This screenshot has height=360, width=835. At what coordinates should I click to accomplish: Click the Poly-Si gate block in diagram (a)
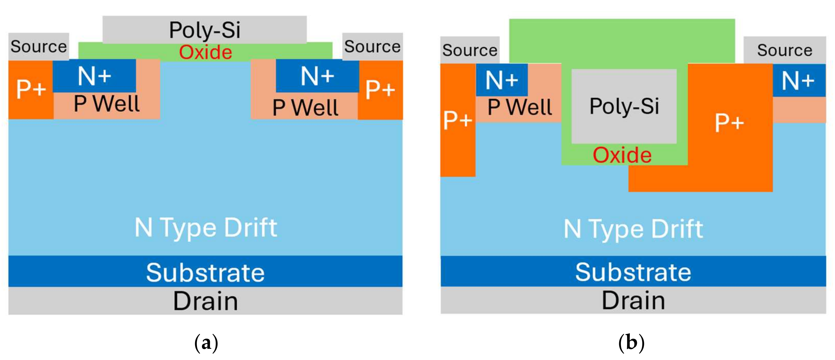205,30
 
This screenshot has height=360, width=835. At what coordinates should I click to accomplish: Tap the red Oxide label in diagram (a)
205,52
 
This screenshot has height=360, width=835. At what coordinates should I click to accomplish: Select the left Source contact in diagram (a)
39,46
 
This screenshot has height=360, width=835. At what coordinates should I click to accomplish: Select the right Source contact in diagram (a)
372,46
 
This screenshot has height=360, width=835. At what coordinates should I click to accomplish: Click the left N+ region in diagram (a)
94,76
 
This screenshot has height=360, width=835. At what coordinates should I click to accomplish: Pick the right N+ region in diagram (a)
317,76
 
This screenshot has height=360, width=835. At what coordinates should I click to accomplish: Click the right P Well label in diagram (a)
305,108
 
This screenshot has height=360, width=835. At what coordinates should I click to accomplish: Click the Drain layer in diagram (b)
633,300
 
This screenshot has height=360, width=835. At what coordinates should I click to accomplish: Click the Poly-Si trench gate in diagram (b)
624,106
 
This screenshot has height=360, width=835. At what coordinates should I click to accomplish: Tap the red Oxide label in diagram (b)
622,155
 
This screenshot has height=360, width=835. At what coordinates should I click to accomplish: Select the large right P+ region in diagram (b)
729,123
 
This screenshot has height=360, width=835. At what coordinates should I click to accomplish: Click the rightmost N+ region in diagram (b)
799,80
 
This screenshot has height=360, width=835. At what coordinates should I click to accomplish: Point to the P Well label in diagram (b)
520,107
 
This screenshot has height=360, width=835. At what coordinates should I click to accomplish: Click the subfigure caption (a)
206,342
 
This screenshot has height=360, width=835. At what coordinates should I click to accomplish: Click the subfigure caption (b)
631,342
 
